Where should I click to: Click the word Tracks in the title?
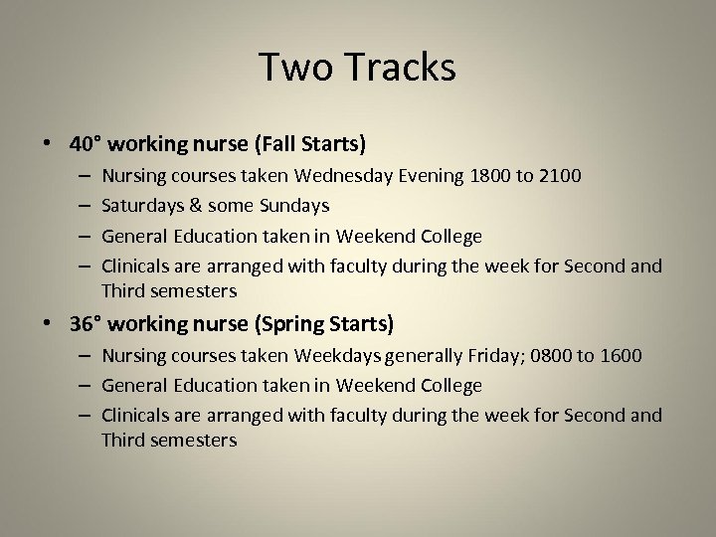(x=400, y=68)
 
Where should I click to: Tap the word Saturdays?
(x=140, y=206)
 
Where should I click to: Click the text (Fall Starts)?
(x=310, y=144)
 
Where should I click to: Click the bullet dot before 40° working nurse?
(x=49, y=145)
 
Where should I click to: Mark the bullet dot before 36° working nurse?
(x=49, y=325)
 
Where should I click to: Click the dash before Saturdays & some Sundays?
(x=82, y=206)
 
